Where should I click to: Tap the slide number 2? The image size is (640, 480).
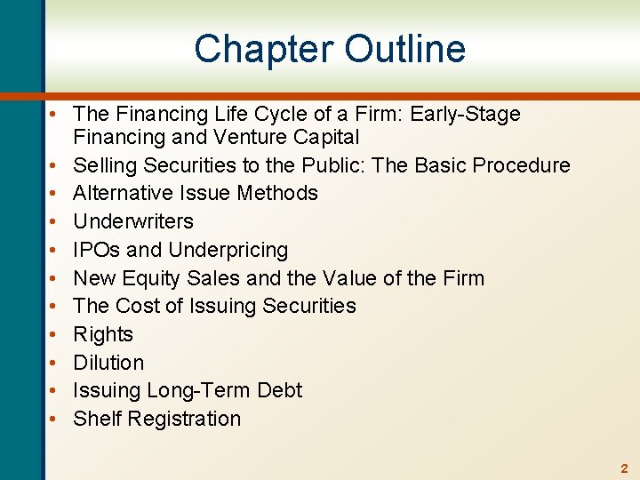(624, 468)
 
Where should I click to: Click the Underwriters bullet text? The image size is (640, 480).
(133, 221)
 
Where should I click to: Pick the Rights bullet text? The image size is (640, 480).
(103, 334)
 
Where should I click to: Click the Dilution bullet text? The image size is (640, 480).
(108, 363)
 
